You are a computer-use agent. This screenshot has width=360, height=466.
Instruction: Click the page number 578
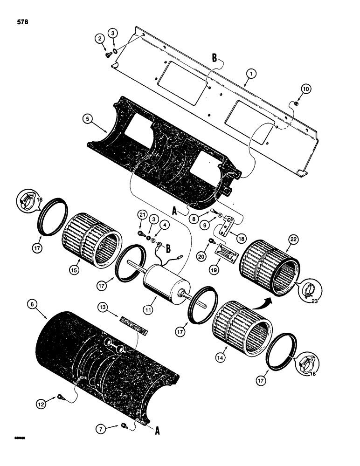(x=22, y=21)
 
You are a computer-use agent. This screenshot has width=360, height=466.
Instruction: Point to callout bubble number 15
(x=74, y=268)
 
